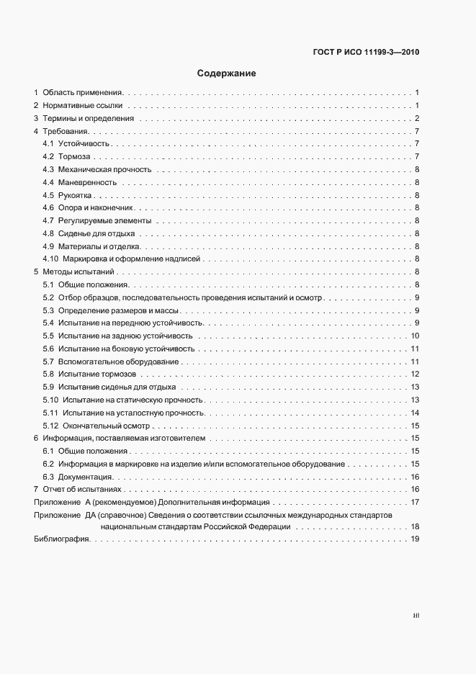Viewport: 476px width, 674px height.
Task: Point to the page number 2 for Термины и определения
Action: click(417, 119)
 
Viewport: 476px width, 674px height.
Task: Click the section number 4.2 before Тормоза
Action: click(49, 157)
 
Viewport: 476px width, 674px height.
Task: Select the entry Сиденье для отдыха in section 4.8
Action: click(97, 234)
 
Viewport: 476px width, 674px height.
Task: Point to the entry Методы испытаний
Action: click(78, 272)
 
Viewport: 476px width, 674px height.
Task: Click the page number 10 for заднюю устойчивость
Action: click(415, 336)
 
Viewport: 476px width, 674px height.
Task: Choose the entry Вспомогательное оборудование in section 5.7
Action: click(119, 361)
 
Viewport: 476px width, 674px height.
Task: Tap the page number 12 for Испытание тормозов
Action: click(415, 374)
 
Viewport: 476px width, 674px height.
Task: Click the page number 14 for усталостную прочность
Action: click(415, 413)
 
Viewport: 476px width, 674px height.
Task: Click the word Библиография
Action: click(60, 541)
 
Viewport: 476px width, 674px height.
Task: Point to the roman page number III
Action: click(416, 616)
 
